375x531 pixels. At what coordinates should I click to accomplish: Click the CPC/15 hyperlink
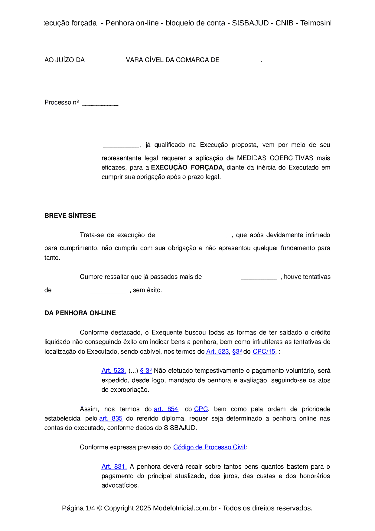[x=264, y=351]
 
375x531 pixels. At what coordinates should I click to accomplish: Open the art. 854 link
[x=166, y=409]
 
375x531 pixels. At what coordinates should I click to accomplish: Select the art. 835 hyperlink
[x=111, y=418]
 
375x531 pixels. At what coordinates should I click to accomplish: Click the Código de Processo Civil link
[x=209, y=447]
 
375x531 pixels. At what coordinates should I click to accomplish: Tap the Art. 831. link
[x=114, y=467]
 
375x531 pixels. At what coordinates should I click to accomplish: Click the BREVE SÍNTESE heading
[x=70, y=216]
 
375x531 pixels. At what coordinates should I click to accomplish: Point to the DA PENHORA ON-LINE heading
[x=80, y=313]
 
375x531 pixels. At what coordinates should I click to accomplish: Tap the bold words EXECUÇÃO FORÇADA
[x=187, y=167]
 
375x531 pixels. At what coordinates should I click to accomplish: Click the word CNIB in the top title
[x=284, y=23]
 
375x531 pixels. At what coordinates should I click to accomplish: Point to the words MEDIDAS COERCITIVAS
[x=275, y=158]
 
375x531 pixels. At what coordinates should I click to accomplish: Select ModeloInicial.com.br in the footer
[x=185, y=508]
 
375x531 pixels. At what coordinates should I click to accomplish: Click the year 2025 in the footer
[x=143, y=508]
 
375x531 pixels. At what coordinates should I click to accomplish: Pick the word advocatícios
[x=120, y=485]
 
